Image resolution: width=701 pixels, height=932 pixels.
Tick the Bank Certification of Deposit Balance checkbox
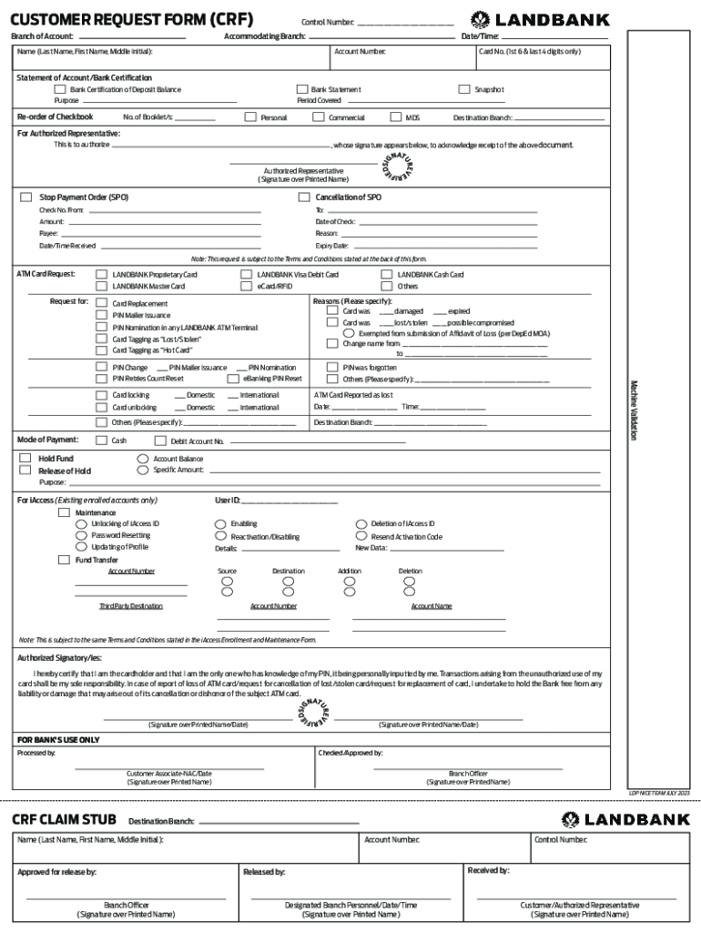click(x=60, y=89)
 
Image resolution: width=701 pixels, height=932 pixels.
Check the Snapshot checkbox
click(x=463, y=89)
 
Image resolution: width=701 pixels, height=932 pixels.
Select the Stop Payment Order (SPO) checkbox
click(x=26, y=197)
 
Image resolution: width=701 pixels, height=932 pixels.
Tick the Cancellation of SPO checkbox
click(x=304, y=197)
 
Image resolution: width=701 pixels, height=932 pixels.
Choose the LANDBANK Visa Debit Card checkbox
click(x=246, y=274)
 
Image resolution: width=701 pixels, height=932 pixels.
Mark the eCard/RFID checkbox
click(x=246, y=286)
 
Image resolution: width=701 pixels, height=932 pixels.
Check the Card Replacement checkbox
click(x=102, y=303)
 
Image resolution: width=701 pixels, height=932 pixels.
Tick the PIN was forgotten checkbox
click(x=332, y=367)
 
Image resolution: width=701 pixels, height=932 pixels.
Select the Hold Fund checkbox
click(x=25, y=459)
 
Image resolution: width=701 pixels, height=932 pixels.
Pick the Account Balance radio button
click(x=142, y=459)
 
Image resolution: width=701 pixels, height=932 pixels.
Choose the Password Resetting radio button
click(x=82, y=536)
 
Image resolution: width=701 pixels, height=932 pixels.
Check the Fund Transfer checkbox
click(x=64, y=560)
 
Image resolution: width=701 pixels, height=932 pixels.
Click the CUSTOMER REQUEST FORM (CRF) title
click(x=132, y=19)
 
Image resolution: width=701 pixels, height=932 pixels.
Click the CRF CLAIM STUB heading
click(x=64, y=819)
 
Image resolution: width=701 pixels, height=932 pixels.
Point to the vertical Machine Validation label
click(x=634, y=410)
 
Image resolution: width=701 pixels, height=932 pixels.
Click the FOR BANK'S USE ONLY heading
click(x=58, y=740)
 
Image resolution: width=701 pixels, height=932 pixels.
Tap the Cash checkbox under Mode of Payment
click(x=102, y=441)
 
